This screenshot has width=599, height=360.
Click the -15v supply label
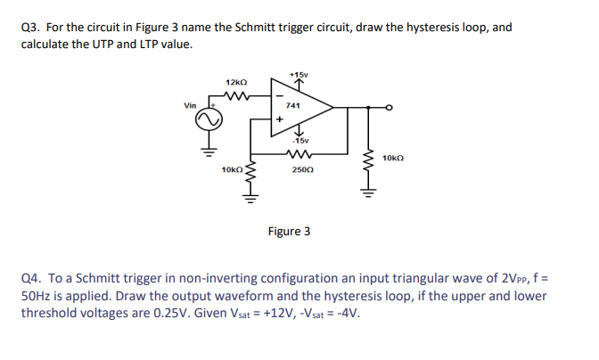[x=299, y=141]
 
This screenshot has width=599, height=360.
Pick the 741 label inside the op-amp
[x=295, y=105]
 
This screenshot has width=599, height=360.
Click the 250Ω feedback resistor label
[x=301, y=168]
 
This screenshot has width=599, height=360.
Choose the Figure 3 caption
[x=290, y=232]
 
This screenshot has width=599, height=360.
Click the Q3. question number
[x=30, y=27]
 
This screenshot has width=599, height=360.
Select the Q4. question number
[x=30, y=280]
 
